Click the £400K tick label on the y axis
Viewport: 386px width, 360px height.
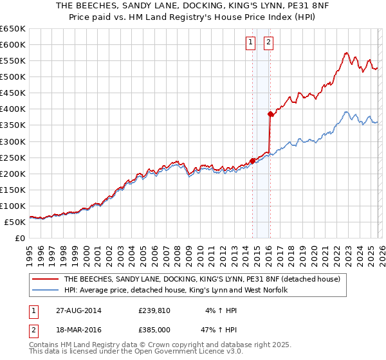[x=12, y=109]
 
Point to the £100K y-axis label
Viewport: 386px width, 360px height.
[x=12, y=206]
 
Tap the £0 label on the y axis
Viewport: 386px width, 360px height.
[x=19, y=238]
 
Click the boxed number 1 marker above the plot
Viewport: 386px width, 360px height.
[x=250, y=43]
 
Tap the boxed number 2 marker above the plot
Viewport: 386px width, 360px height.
[x=268, y=43]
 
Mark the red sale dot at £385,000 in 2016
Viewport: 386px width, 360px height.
[x=270, y=114]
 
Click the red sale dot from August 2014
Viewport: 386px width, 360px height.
[x=252, y=161]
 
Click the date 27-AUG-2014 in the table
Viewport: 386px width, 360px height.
[x=78, y=310]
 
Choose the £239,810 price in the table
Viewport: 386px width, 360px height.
[x=156, y=310]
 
